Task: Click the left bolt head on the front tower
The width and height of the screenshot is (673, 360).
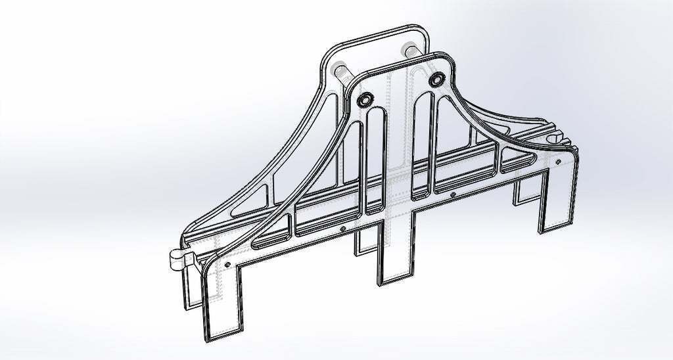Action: (364, 99)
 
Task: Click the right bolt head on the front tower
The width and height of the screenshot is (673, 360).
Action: (436, 79)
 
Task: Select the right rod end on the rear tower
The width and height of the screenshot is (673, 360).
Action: (408, 51)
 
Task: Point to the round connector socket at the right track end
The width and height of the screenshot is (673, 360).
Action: (559, 140)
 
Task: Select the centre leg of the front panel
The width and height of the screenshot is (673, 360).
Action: (395, 252)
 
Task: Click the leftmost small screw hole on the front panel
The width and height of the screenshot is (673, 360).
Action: (227, 263)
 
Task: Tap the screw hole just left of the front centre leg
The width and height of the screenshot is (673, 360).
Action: (343, 229)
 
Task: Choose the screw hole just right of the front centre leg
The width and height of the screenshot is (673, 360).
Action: (453, 194)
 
